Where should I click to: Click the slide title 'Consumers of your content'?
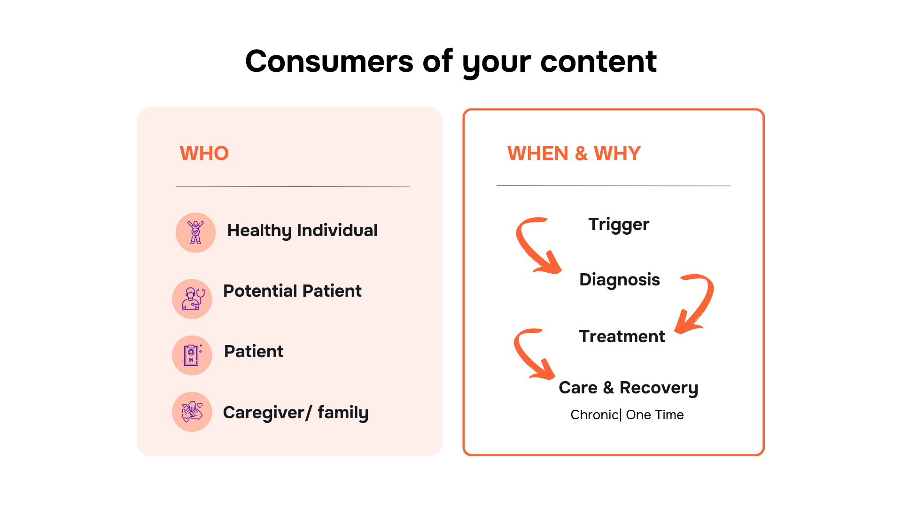coord(451,62)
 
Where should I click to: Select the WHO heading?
coord(204,154)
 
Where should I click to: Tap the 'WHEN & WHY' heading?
coord(574,154)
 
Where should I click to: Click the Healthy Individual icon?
coord(195,232)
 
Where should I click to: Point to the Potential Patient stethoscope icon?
coord(192,299)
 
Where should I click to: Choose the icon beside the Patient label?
coord(192,355)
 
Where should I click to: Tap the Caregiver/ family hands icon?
coord(192,412)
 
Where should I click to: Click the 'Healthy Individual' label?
coord(302,230)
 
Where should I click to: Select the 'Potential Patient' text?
coord(292,291)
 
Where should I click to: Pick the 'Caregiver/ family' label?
coord(295,413)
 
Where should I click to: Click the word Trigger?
coord(619,225)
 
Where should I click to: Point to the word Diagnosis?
coord(620,280)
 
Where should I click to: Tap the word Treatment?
coord(622,337)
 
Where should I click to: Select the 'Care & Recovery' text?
coord(629,388)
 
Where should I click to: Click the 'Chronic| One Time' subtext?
coord(627,415)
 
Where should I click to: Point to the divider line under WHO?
coord(293,186)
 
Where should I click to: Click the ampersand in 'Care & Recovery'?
coord(608,388)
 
